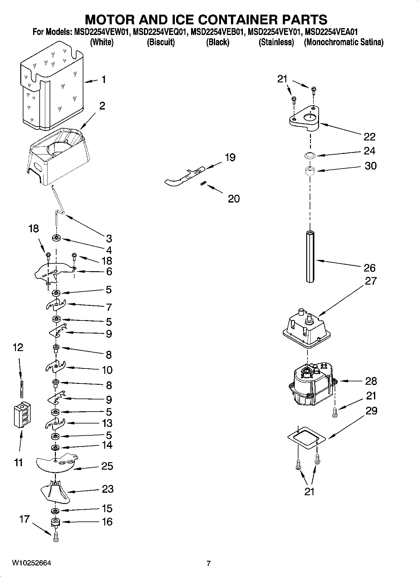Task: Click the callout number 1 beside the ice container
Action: click(104, 80)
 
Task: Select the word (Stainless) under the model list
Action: click(276, 42)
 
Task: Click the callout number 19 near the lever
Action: click(230, 158)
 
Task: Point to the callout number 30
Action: click(371, 166)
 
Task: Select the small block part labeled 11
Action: click(22, 415)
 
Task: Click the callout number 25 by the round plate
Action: click(107, 466)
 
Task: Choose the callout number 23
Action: click(108, 489)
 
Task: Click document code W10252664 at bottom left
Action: click(31, 563)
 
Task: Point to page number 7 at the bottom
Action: click(209, 563)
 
